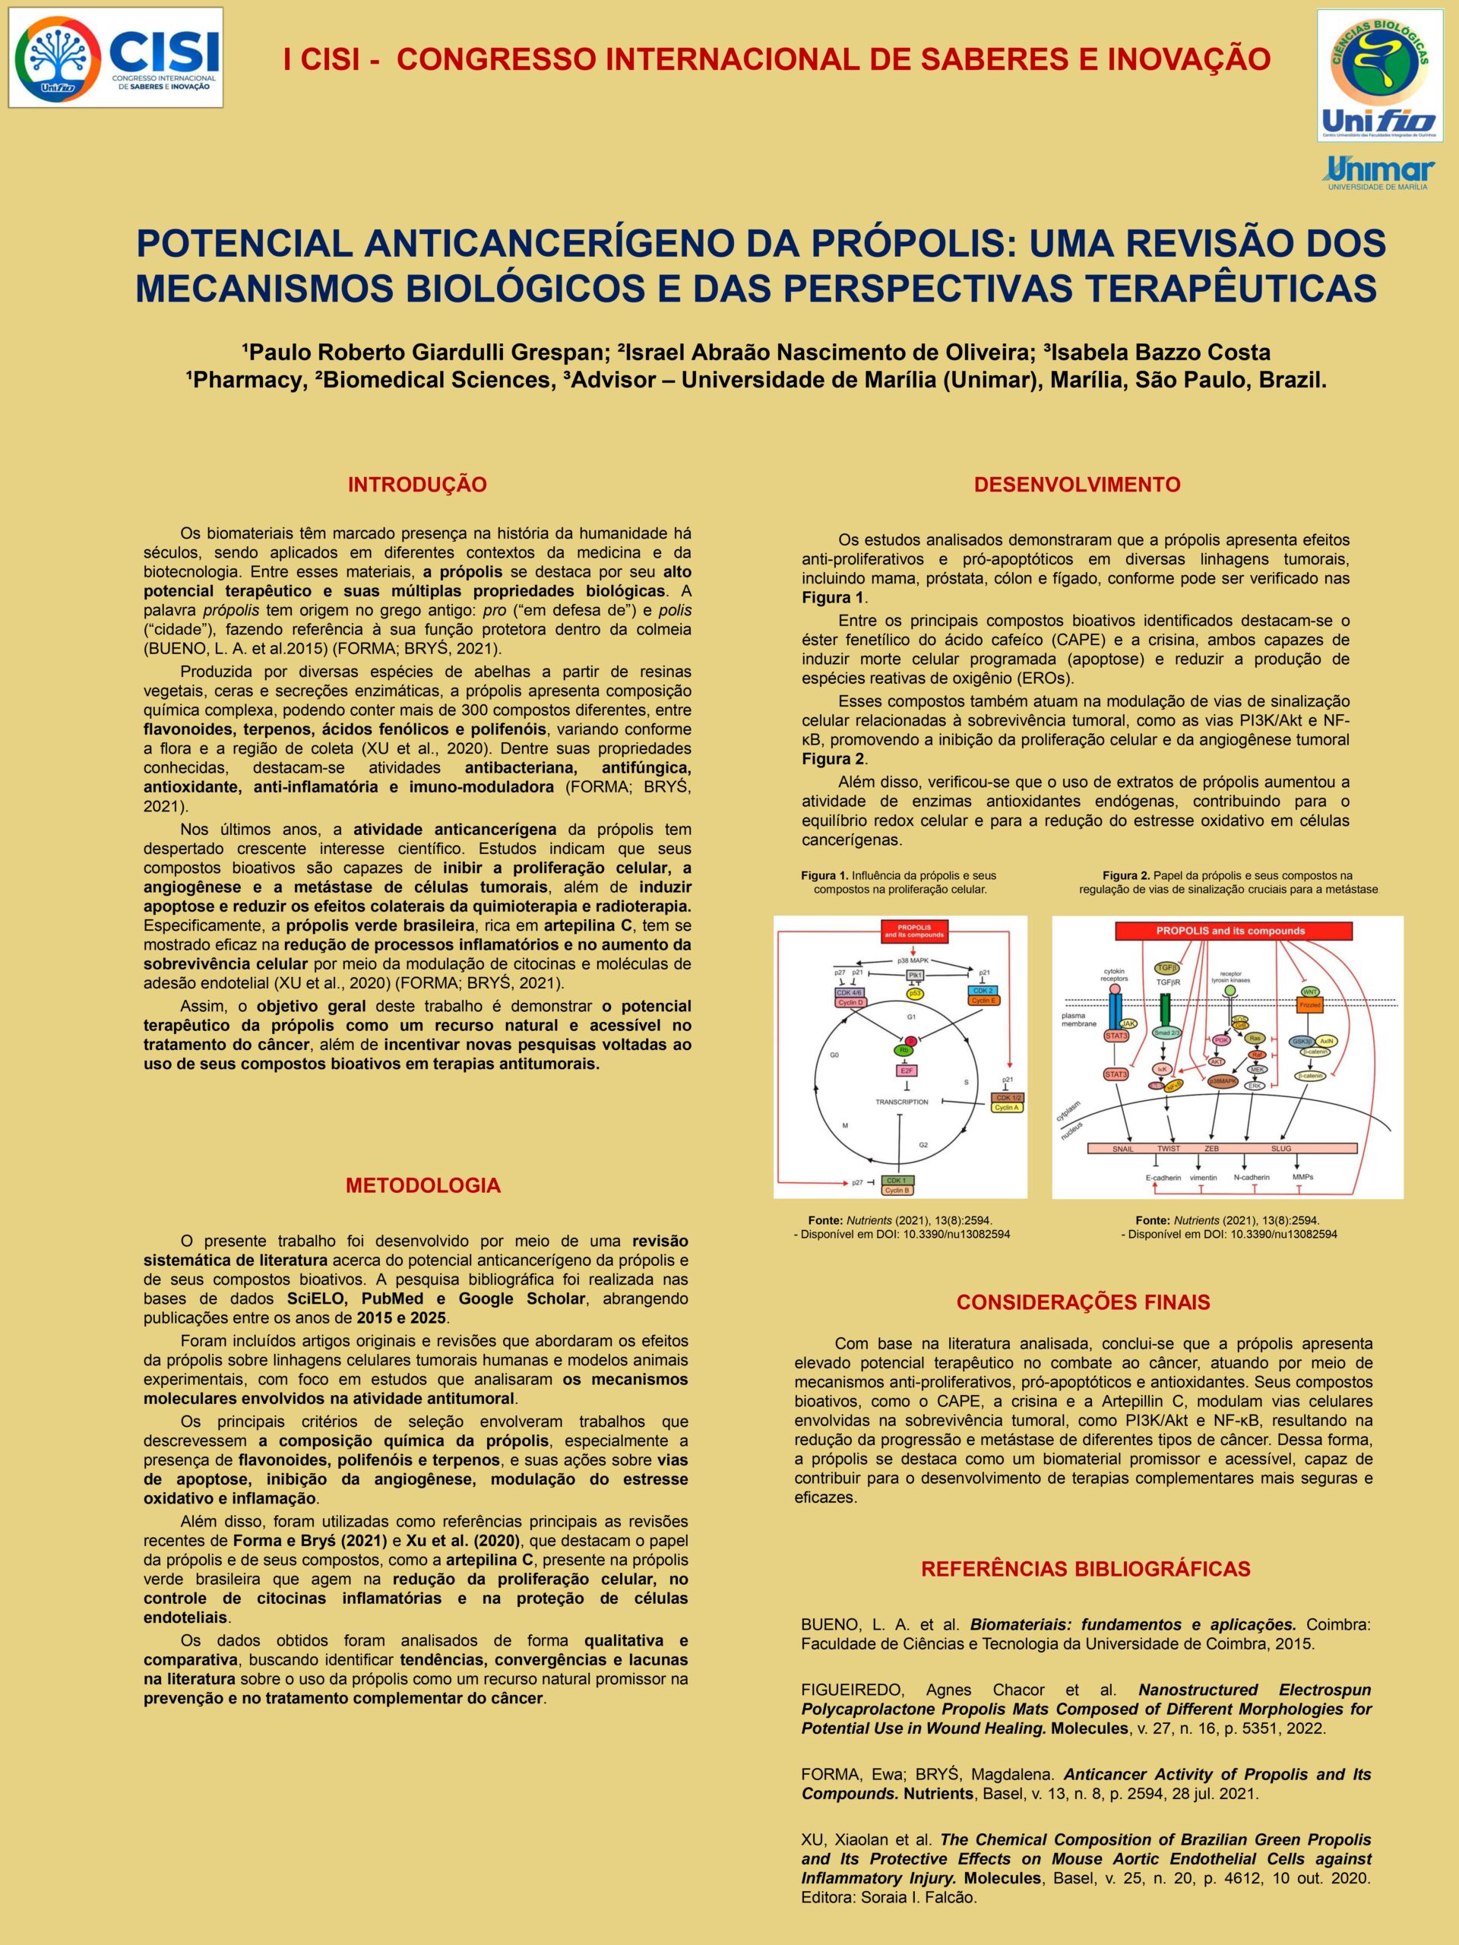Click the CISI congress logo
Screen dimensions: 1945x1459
116,57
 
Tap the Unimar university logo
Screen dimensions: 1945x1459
1380,172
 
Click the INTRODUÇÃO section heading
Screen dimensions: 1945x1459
417,485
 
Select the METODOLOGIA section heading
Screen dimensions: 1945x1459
423,1185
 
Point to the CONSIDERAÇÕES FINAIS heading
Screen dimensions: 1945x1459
1084,1302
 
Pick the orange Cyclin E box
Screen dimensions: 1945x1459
983,1000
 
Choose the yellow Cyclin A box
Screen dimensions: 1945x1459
1006,1108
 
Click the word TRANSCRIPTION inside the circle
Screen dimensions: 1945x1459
901,1102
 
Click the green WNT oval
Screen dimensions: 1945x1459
1309,991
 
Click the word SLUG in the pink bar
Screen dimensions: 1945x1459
1281,1148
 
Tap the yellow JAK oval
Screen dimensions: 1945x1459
1130,1023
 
